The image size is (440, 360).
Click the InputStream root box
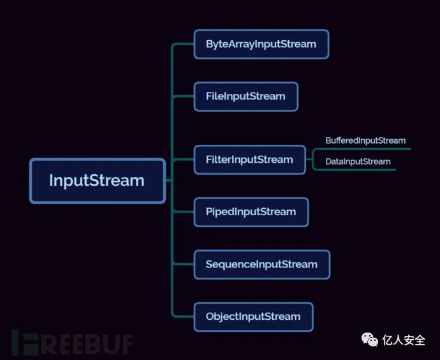(x=97, y=181)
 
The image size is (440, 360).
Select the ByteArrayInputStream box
(x=261, y=44)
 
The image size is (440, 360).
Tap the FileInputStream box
(x=246, y=96)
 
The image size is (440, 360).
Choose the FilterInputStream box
(x=249, y=160)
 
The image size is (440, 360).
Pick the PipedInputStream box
(x=251, y=212)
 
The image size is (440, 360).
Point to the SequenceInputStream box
(x=261, y=264)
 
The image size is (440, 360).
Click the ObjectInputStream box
(x=253, y=317)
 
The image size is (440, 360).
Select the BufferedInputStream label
(x=365, y=140)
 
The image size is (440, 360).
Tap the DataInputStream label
(x=358, y=161)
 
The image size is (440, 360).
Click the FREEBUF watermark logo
(x=71, y=343)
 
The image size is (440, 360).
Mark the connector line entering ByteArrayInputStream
(x=184, y=44)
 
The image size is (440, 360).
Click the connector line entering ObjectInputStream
(x=184, y=317)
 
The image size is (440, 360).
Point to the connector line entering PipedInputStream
(x=184, y=212)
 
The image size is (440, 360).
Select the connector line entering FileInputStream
(x=184, y=96)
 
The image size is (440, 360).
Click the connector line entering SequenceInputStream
(x=184, y=264)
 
